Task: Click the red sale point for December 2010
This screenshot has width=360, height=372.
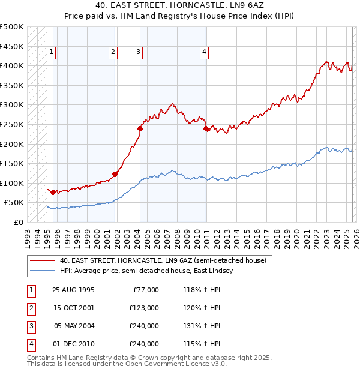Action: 206,128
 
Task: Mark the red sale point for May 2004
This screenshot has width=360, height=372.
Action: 140,128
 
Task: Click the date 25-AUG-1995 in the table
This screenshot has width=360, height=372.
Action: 73,290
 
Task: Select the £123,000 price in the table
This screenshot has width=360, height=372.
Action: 144,307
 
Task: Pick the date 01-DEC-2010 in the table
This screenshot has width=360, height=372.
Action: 73,344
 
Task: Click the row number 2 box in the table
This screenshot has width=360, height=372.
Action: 31,308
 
